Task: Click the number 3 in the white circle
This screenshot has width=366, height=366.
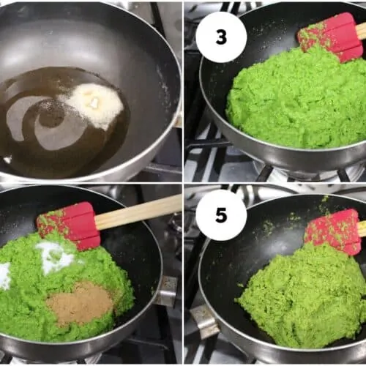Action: tap(221, 37)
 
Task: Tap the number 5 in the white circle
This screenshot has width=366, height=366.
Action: tap(221, 215)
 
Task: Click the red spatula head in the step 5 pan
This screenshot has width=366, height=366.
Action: tap(333, 231)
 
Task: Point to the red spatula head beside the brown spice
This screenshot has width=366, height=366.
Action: tap(69, 225)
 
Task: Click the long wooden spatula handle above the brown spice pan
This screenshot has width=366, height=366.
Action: tap(138, 212)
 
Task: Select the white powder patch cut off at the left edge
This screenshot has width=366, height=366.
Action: tap(5, 276)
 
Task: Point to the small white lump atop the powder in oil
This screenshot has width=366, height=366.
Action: tap(94, 102)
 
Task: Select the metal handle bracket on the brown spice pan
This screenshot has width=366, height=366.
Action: tap(167, 291)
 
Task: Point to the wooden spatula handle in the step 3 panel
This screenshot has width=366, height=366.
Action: tap(361, 31)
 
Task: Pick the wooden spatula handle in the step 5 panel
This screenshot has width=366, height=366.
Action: tap(362, 228)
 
